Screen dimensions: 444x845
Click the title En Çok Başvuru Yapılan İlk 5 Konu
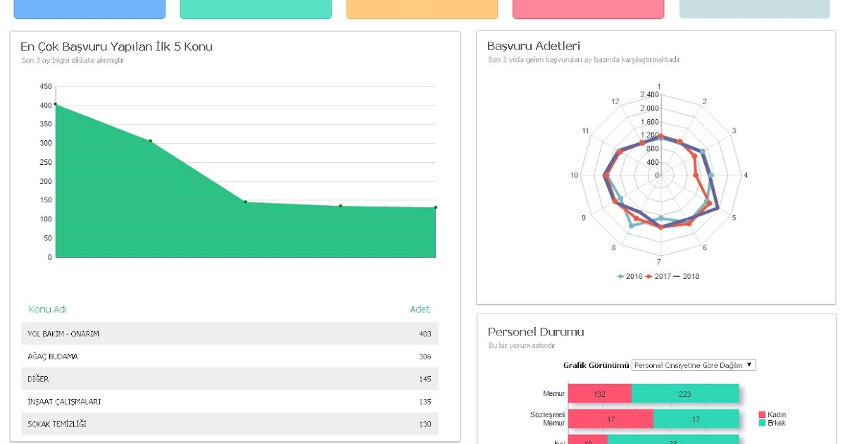pyautogui.click(x=116, y=47)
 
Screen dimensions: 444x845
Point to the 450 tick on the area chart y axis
pyautogui.click(x=46, y=87)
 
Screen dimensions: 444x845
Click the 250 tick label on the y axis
pyautogui.click(x=46, y=182)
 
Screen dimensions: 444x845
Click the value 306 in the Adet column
pyautogui.click(x=425, y=357)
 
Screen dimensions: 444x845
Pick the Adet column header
pyautogui.click(x=420, y=309)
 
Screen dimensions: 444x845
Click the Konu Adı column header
pyautogui.click(x=47, y=309)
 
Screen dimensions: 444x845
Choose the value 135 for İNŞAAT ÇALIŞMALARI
pyautogui.click(x=425, y=402)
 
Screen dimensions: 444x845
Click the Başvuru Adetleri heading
pyautogui.click(x=534, y=46)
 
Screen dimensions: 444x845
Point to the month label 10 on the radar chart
pyautogui.click(x=575, y=175)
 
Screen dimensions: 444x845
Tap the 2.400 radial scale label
pyautogui.click(x=649, y=94)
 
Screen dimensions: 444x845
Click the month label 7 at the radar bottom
pyautogui.click(x=659, y=262)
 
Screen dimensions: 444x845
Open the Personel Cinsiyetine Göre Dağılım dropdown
pyautogui.click(x=693, y=365)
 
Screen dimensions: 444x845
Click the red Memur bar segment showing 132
pyautogui.click(x=599, y=394)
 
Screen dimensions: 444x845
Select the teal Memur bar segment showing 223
pyautogui.click(x=684, y=394)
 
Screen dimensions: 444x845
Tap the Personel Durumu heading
pyautogui.click(x=536, y=332)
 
